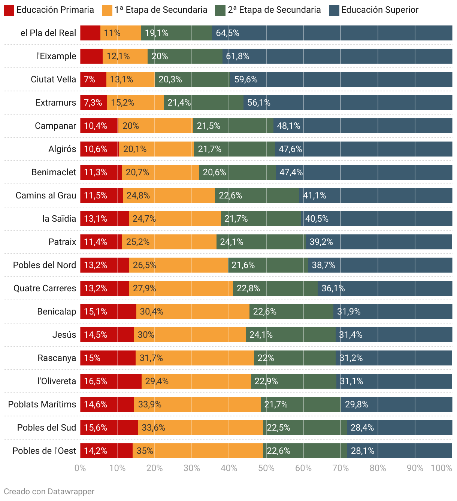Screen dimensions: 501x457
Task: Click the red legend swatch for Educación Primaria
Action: pos(9,10)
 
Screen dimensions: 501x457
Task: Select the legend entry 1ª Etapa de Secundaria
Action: pos(161,10)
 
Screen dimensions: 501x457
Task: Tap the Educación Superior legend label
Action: pos(379,10)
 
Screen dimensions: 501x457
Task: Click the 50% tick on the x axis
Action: pos(266,468)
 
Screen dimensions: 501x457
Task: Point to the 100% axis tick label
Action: pos(441,468)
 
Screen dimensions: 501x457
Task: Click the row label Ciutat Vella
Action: pos(53,79)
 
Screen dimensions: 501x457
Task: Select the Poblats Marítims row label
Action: pos(42,404)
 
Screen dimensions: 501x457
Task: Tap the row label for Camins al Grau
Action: pos(46,195)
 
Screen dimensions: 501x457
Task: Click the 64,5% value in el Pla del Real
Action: pos(227,33)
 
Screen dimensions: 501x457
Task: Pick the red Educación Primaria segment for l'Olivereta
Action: pos(111,381)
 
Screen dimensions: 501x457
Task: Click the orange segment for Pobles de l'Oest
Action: pos(198,451)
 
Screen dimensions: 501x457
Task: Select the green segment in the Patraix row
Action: pos(261,242)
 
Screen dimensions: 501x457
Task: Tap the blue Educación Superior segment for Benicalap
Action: pos(393,312)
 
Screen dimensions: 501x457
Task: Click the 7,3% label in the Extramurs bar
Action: pos(93,103)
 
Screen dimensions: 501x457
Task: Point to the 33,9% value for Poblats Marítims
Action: pos(150,404)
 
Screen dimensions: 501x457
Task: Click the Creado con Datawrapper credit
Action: pos(49,491)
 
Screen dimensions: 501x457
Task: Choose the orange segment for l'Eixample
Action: pos(125,56)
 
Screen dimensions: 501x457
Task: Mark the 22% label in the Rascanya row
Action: pos(266,358)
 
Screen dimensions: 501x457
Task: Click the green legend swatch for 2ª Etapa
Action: pos(220,10)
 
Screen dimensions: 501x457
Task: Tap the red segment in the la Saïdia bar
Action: pos(105,219)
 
